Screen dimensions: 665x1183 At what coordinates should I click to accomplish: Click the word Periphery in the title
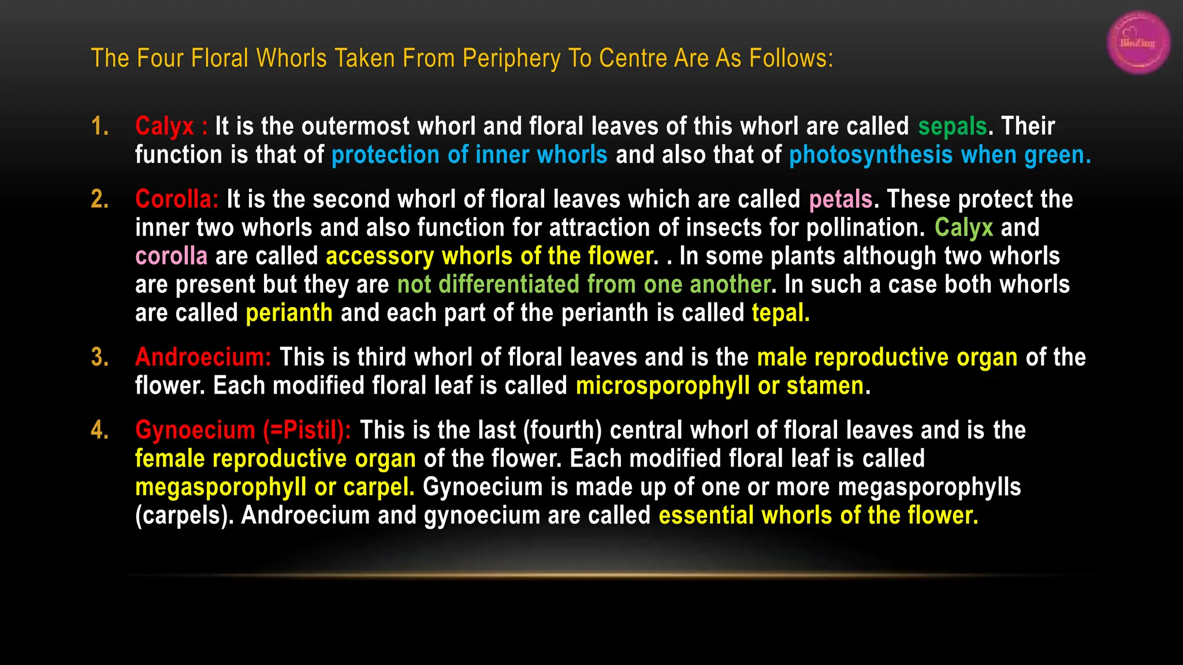(511, 58)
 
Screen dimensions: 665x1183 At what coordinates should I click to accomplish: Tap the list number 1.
(100, 126)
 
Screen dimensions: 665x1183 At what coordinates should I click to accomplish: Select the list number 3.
(100, 357)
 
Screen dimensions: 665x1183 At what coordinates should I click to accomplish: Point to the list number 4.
(100, 430)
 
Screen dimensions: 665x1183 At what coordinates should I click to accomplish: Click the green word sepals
(953, 126)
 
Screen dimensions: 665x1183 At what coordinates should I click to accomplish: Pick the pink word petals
(840, 199)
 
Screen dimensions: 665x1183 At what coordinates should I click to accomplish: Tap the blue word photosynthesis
(870, 155)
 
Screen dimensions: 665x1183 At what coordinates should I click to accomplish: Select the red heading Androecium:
(203, 357)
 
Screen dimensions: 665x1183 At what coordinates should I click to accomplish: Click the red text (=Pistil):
(307, 430)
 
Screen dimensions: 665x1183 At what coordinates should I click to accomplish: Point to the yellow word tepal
(780, 313)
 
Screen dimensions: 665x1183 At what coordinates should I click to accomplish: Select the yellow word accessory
(380, 256)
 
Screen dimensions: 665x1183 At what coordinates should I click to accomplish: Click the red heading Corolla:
(177, 199)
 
